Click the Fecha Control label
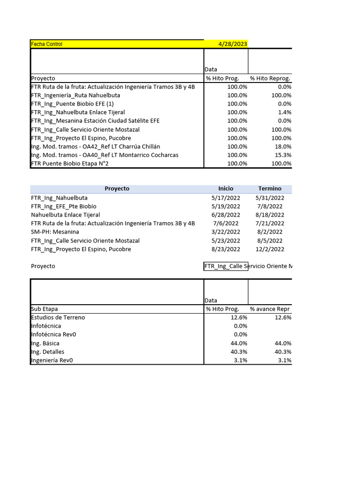tap(46, 44)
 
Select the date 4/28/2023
tap(232, 44)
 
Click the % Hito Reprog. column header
tap(270, 78)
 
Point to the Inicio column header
tap(225, 188)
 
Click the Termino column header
tap(270, 188)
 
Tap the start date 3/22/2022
tap(225, 232)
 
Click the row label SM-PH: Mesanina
tap(55, 232)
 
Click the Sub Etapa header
tap(45, 309)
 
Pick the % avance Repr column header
tap(270, 309)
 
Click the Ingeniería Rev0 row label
tap(52, 360)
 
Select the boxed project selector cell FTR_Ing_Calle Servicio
tap(226, 266)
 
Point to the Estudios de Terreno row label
tap(58, 317)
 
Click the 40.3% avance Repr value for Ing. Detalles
tap(282, 352)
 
